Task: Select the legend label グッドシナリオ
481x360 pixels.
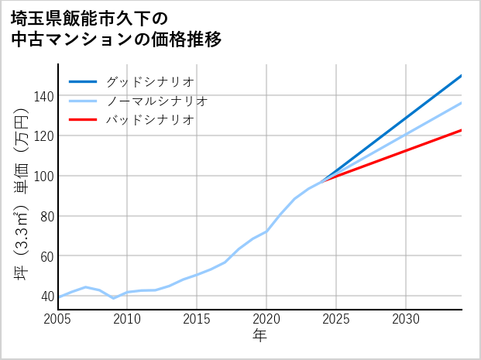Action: tap(149, 81)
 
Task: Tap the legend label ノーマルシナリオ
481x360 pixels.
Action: tap(156, 101)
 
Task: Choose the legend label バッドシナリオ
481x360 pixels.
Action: tap(149, 120)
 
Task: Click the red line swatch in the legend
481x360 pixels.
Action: tap(84, 120)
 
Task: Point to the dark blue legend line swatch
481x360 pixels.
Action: tap(84, 81)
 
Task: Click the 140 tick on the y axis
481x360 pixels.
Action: tap(43, 96)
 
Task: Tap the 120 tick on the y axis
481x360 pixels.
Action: tap(43, 136)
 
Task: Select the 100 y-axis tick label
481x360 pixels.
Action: tap(43, 176)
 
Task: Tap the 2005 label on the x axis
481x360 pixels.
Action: tap(58, 319)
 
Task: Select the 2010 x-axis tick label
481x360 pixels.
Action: tap(128, 319)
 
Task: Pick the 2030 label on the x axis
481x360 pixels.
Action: tap(406, 319)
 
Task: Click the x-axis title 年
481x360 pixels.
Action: tap(260, 336)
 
